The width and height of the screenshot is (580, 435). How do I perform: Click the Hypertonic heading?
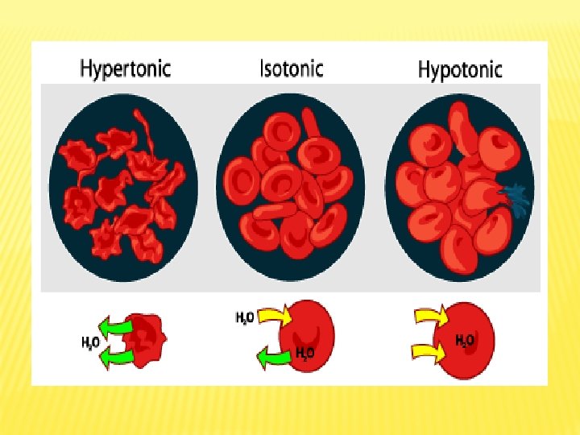click(125, 68)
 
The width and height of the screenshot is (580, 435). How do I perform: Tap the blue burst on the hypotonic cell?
click(512, 197)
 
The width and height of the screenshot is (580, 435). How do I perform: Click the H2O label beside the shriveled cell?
click(89, 342)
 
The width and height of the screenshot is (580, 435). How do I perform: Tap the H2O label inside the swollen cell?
click(465, 340)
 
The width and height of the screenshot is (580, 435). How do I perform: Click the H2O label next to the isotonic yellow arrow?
click(245, 317)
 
